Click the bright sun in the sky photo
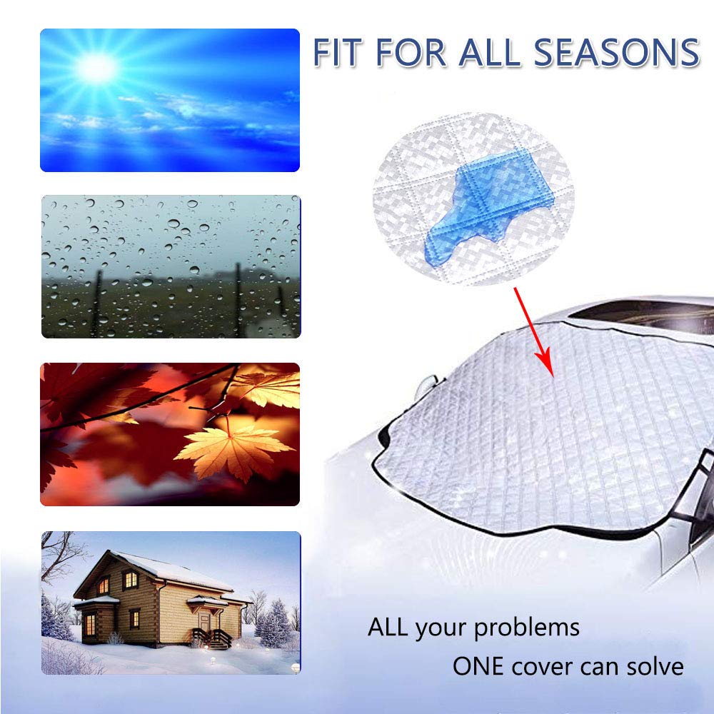(x=95, y=68)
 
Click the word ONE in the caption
(x=477, y=666)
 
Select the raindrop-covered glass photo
(x=170, y=266)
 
